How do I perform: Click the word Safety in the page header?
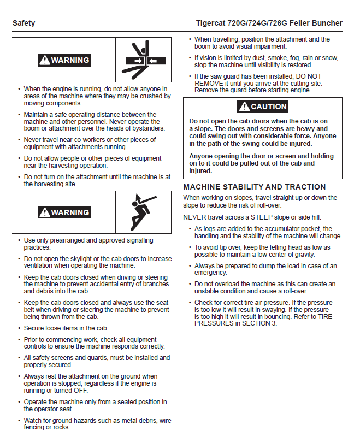coord(23,23)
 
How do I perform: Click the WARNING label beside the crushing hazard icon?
coord(64,60)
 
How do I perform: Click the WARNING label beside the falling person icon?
coord(64,212)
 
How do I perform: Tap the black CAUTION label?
coord(262,107)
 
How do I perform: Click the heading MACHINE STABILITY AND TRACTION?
coord(254,187)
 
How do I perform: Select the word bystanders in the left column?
coord(147,128)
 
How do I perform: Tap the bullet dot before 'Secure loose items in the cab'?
coord(20,328)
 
